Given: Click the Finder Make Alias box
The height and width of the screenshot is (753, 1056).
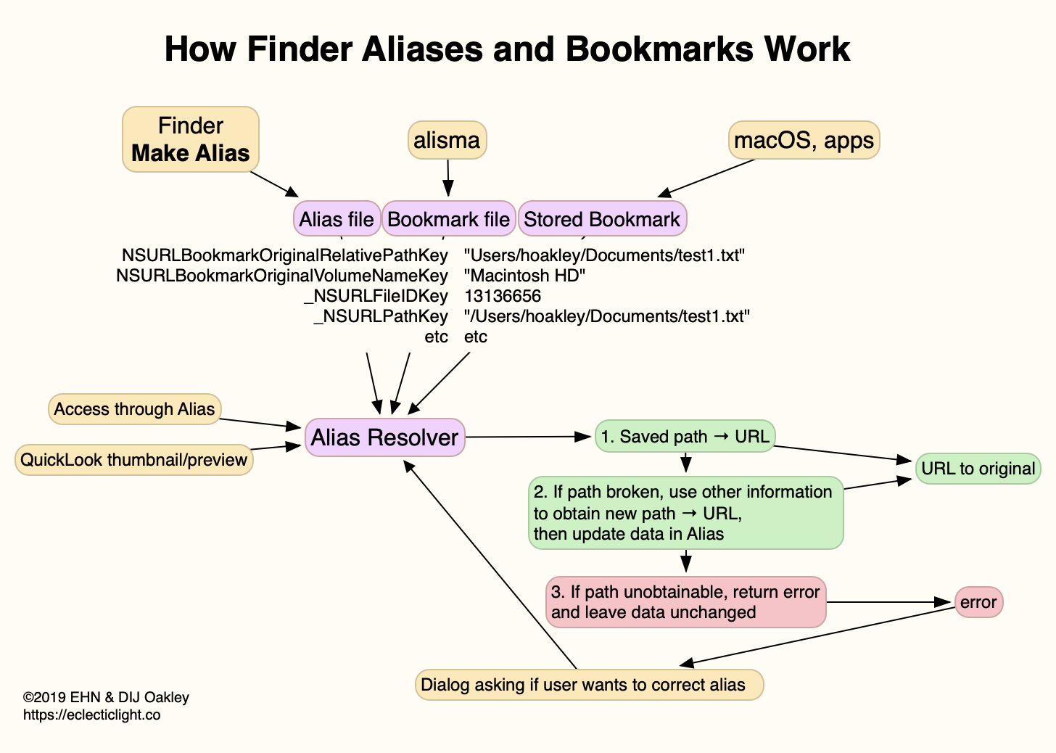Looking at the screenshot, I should click(x=191, y=139).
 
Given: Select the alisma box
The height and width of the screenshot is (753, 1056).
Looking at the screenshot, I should click(x=447, y=139).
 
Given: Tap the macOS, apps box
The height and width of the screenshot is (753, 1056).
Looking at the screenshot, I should click(x=804, y=139).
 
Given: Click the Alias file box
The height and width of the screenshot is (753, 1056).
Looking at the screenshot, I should click(x=337, y=219).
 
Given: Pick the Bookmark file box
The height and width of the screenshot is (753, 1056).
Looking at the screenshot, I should click(x=448, y=219).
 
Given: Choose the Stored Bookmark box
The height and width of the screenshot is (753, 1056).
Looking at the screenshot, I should click(x=602, y=219).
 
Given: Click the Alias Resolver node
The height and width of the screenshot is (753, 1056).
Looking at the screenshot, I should click(x=384, y=437).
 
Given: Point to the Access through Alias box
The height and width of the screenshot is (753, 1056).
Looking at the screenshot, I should click(x=134, y=409).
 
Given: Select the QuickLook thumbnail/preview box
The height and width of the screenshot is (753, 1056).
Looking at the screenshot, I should click(x=134, y=459).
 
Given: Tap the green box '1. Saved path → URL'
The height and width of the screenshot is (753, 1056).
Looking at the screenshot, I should click(x=685, y=436).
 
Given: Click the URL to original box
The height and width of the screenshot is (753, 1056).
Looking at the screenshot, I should click(x=978, y=468).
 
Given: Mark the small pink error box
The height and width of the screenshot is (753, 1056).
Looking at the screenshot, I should click(x=978, y=602).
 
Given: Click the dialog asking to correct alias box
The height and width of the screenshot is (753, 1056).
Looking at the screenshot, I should click(x=589, y=685).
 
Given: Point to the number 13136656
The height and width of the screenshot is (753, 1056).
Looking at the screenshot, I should click(x=503, y=296).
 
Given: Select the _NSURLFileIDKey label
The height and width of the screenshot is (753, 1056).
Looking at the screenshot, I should click(x=376, y=296).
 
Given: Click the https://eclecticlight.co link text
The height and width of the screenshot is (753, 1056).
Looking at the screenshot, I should click(x=92, y=715).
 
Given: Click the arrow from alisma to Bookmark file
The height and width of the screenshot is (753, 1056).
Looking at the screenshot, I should click(x=448, y=177).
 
